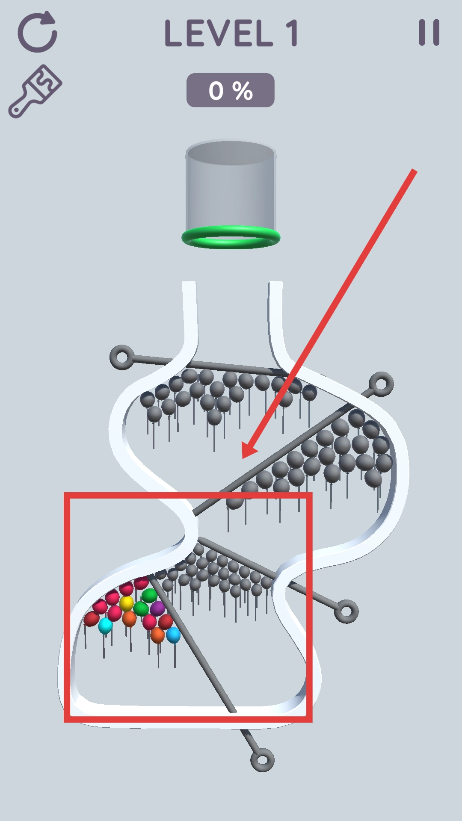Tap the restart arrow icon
click(x=38, y=32)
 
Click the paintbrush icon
click(x=35, y=91)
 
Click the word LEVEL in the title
click(x=219, y=33)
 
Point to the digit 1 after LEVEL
click(x=292, y=33)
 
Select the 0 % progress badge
click(x=231, y=90)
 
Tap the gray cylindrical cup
click(x=231, y=188)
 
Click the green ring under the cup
click(x=231, y=237)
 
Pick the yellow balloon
click(x=126, y=603)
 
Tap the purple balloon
click(x=157, y=608)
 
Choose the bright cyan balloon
click(x=105, y=626)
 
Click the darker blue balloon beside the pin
click(x=173, y=635)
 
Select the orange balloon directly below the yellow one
click(x=129, y=619)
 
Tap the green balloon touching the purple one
click(x=141, y=608)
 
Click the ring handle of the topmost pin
click(x=122, y=357)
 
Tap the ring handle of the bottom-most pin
click(x=262, y=760)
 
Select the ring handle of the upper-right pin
click(x=381, y=384)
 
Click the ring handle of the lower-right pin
click(x=346, y=611)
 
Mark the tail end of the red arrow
click(x=415, y=171)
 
